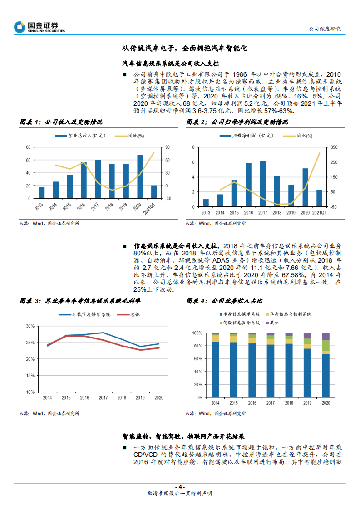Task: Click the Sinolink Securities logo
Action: pyautogui.click(x=39, y=27)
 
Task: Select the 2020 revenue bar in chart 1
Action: pyautogui.click(x=140, y=177)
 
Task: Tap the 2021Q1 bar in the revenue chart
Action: pyautogui.click(x=153, y=192)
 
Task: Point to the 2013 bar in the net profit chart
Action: pyautogui.click(x=206, y=203)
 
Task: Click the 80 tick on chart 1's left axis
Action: pyautogui.click(x=28, y=147)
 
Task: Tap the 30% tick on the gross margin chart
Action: pyautogui.click(x=30, y=326)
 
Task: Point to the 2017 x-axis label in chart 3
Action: pyautogui.click(x=103, y=398)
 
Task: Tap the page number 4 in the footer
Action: pyautogui.click(x=180, y=486)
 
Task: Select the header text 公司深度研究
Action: pyautogui.click(x=324, y=29)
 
